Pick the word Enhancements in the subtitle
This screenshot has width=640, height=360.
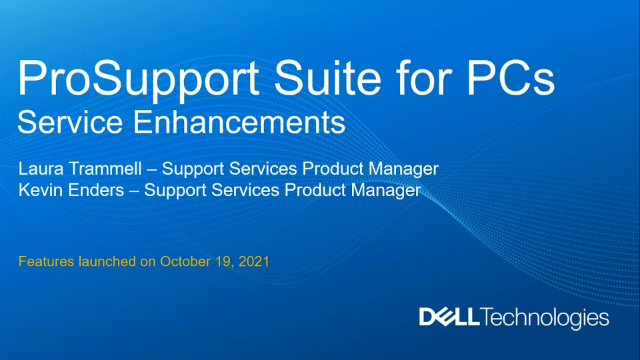pos(240,124)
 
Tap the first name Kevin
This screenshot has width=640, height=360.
pos(41,189)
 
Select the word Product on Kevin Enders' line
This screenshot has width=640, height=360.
pos(307,189)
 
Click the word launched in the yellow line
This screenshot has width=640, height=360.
pos(107,261)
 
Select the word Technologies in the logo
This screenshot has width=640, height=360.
pos(545,319)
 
